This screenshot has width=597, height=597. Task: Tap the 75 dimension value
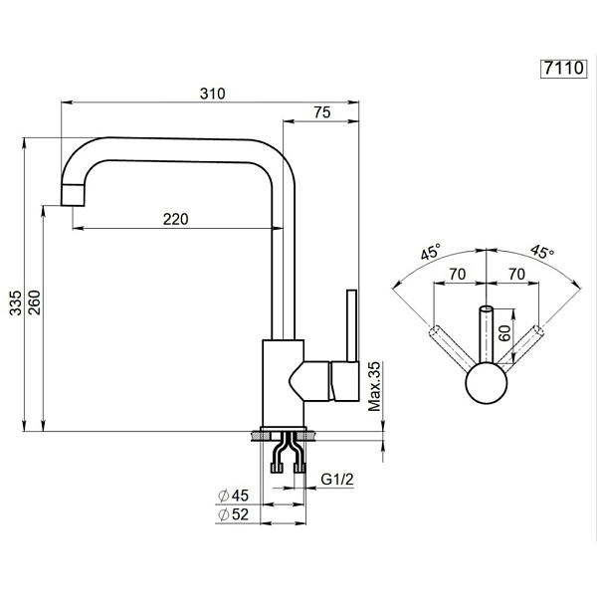320,113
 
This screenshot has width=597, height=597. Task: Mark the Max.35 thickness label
375,386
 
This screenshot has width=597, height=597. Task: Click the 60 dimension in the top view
504,333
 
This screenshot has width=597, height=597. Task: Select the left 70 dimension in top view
459,273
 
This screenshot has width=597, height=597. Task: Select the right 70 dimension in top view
515,273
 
